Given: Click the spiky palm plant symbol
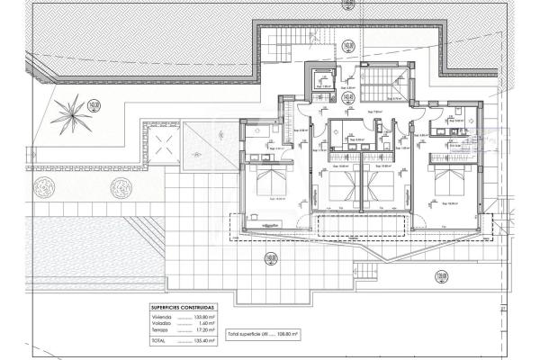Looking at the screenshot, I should [66, 113].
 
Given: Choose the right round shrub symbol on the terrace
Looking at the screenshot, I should [115, 190].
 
